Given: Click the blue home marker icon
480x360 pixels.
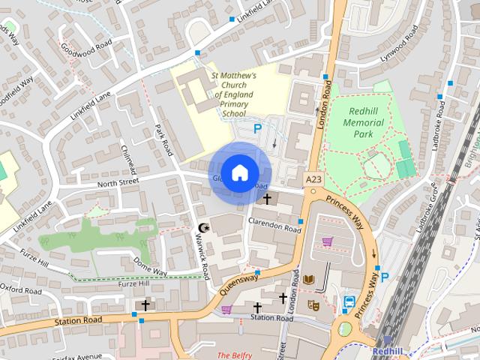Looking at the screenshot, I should pos(239,173).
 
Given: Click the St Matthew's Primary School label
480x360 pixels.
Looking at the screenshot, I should pos(234,94).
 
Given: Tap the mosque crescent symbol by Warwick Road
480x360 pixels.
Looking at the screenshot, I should pos(202,227).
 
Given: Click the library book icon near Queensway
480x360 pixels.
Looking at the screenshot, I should pos(308,280).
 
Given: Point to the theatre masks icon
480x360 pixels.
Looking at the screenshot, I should pos(314,304).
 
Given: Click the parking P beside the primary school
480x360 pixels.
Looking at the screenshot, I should pos(257,129).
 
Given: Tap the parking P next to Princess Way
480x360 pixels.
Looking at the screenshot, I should pos(385,277).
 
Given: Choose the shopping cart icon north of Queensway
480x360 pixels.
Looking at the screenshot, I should pos(328,241).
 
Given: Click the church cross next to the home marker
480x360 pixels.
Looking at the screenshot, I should pos(267,198).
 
